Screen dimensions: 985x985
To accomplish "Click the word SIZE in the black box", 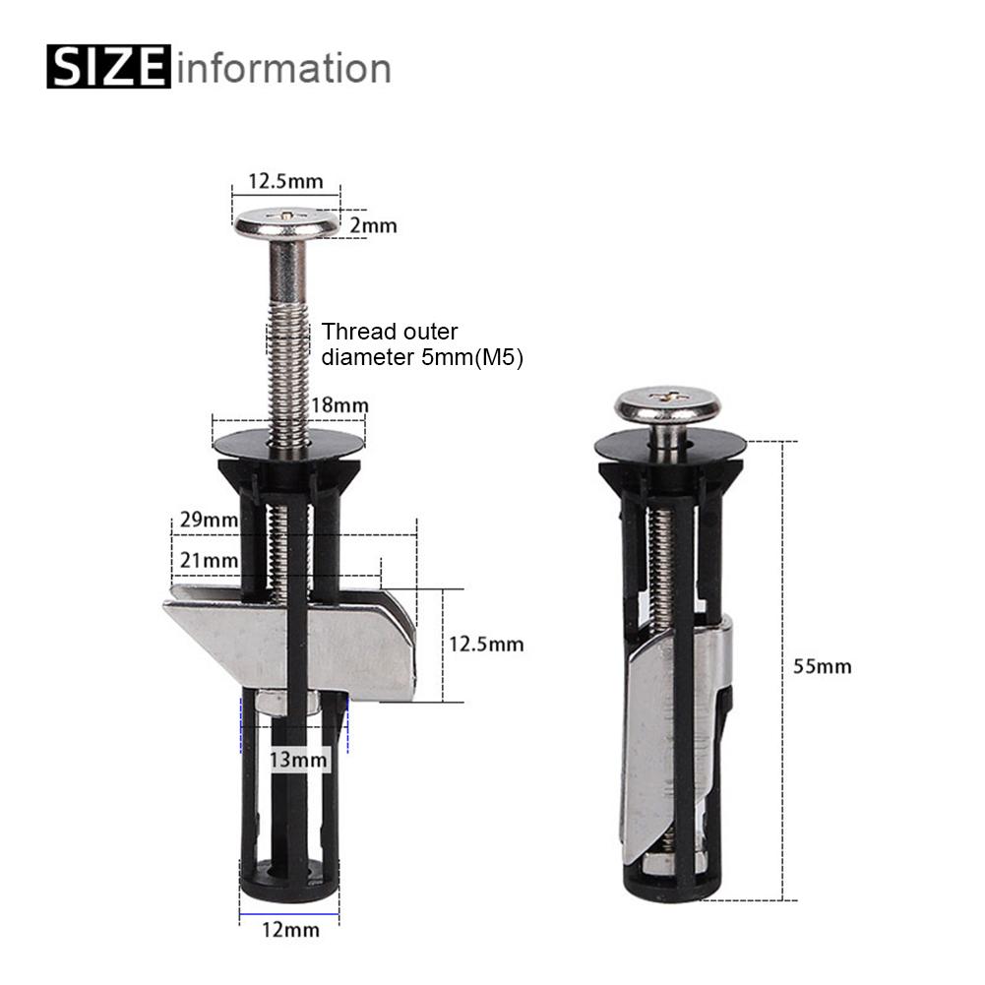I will [x=108, y=68].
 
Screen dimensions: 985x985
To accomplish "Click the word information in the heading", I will [x=284, y=68].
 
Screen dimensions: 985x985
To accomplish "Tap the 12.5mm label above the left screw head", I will [x=284, y=181].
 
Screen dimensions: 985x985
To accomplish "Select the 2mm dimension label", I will [x=374, y=226].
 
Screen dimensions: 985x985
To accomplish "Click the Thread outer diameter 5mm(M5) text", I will [x=421, y=345].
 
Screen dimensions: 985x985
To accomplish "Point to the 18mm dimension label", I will [x=339, y=405].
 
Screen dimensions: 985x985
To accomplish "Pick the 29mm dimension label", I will [x=204, y=520].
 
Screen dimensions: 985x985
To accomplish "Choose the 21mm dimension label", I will [x=204, y=560].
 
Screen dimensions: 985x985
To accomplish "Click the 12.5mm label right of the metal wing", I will [x=486, y=645].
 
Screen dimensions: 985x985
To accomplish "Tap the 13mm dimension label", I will [x=298, y=760].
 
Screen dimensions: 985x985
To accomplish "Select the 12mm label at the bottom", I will [x=290, y=928].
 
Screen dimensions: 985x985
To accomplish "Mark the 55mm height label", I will [x=822, y=666].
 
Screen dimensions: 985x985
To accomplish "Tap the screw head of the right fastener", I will [x=667, y=405].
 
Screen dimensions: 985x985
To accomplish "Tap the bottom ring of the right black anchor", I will [x=666, y=878].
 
